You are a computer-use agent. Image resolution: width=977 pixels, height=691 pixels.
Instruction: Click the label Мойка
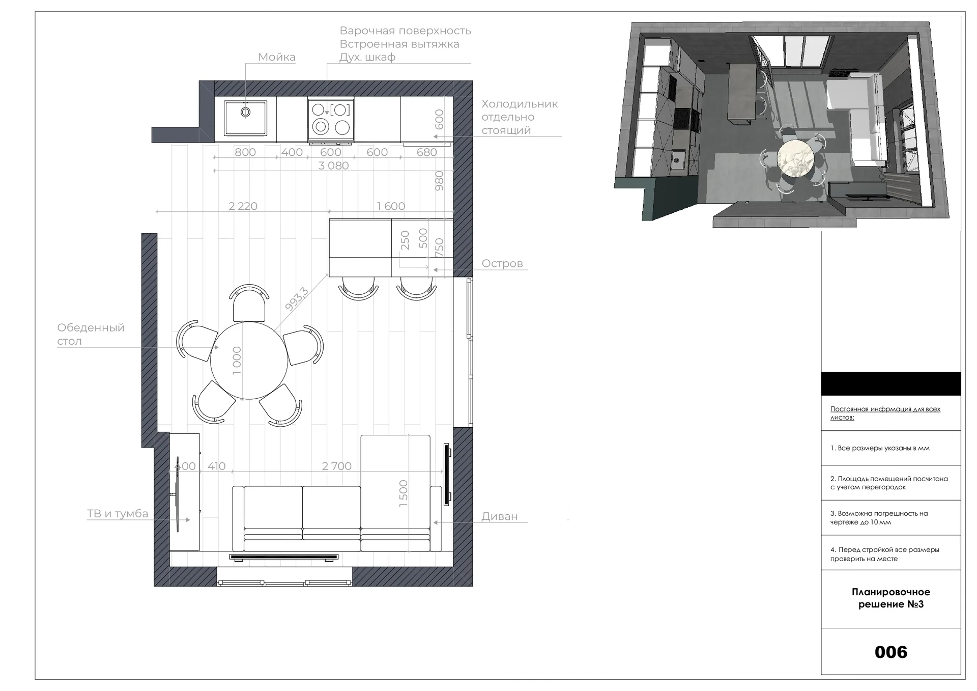tap(276, 57)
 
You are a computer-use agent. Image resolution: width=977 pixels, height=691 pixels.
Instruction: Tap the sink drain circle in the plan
tap(246, 112)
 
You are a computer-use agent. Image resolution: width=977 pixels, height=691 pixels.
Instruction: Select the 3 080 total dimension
tap(333, 165)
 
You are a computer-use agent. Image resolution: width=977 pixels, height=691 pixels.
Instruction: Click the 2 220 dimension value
tap(243, 206)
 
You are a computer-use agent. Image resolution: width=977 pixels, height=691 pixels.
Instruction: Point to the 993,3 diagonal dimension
tap(297, 299)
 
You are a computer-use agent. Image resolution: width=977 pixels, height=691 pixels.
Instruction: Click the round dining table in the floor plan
tap(249, 360)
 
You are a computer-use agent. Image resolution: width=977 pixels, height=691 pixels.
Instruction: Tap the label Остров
tap(502, 264)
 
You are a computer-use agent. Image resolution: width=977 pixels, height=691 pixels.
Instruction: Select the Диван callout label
tap(500, 516)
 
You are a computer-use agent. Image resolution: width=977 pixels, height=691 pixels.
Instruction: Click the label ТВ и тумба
tap(118, 514)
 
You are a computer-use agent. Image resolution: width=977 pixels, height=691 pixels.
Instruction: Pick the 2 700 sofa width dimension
tap(337, 466)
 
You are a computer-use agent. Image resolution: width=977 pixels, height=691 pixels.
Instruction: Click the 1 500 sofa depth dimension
tap(404, 493)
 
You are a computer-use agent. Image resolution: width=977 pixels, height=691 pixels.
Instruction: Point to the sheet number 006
tap(891, 652)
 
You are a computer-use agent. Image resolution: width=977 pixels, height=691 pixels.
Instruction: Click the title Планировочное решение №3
tap(891, 598)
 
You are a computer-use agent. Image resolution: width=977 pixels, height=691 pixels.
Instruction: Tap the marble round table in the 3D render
tap(795, 158)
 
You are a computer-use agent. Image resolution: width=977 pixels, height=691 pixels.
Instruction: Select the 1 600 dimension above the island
tap(391, 206)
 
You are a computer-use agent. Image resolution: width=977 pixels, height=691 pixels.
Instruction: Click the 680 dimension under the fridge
tap(426, 152)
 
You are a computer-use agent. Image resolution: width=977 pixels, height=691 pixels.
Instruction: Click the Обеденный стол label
tap(91, 334)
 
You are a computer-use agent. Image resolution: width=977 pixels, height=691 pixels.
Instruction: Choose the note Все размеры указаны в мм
tap(880, 448)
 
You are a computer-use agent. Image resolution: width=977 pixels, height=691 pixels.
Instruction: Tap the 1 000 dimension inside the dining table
tap(237, 361)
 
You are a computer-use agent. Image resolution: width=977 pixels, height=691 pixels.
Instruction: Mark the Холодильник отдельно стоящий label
tap(520, 117)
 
